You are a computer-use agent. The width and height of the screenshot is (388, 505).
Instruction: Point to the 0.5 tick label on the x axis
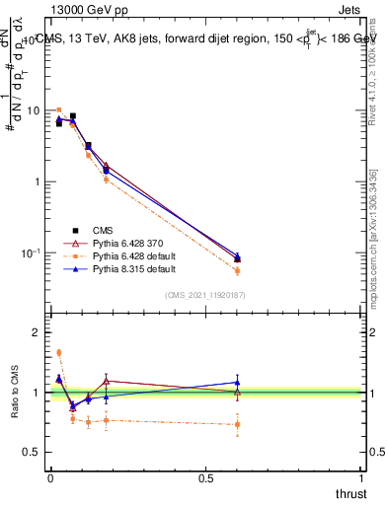coord(206,478)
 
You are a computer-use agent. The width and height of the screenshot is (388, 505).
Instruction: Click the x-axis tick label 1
coord(362,478)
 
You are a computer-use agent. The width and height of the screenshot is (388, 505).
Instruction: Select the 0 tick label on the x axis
coord(50,478)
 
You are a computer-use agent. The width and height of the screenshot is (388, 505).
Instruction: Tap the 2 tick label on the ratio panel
coord(38,332)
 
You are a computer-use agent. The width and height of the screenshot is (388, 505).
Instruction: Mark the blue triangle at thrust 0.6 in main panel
coord(237,256)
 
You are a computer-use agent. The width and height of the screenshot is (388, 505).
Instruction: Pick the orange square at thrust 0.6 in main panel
coord(237,270)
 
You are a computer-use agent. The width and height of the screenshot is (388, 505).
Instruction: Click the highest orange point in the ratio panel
coord(59,352)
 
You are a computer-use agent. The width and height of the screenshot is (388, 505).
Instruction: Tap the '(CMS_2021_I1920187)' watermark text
coord(205,295)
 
